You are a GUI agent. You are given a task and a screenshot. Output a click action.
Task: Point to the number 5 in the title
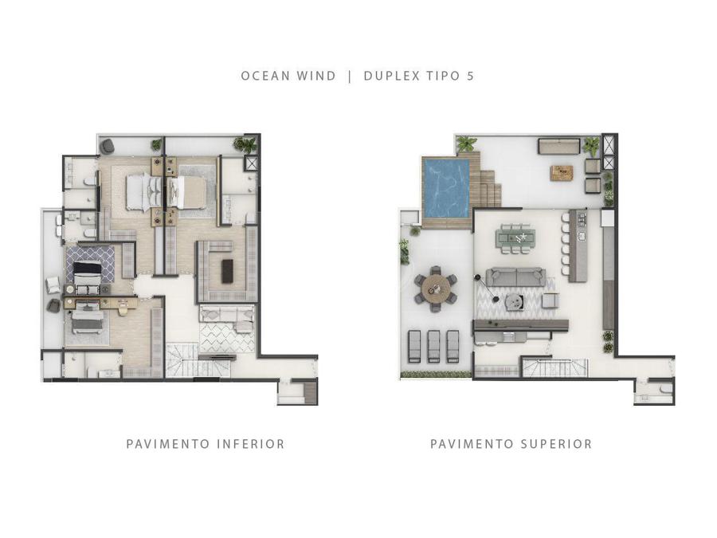click(471, 76)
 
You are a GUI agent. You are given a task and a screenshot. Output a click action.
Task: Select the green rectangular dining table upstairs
click(515, 238)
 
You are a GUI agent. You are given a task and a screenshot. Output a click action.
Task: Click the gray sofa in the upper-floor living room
click(515, 277)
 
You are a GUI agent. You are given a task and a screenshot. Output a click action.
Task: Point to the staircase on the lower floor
click(182, 359)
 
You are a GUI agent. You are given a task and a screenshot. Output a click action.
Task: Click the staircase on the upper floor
click(554, 367)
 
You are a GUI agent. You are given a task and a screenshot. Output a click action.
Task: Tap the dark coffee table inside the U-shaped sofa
click(227, 271)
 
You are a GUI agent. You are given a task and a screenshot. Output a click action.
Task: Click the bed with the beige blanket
click(186, 191)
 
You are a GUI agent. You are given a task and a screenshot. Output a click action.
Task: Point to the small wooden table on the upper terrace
click(562, 172)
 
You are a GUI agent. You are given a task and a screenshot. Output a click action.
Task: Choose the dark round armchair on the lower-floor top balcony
click(108, 146)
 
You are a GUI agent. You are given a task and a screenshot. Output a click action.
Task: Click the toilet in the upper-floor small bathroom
click(666, 389)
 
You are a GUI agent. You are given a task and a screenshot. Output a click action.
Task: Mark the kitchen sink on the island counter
click(582, 237)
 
